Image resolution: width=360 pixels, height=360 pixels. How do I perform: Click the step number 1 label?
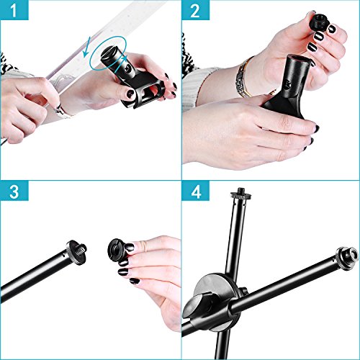click(x=14, y=10)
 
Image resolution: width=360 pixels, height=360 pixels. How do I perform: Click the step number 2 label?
click(x=195, y=10)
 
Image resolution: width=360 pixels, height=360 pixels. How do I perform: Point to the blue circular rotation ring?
click(x=109, y=53)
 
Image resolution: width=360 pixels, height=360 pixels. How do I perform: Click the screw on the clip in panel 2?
click(x=287, y=84)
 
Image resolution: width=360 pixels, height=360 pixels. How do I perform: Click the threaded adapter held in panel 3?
click(x=116, y=248)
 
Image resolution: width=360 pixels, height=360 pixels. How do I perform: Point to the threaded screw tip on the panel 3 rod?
click(x=82, y=248)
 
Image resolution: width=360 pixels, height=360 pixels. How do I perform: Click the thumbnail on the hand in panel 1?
click(x=131, y=93)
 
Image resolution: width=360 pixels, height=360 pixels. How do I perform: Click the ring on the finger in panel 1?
click(x=58, y=109)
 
